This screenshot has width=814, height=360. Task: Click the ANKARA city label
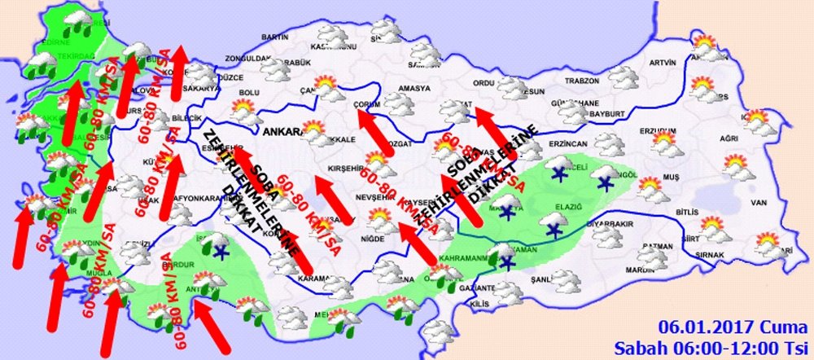click(282, 130)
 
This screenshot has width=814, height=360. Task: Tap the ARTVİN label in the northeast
click(663, 63)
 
